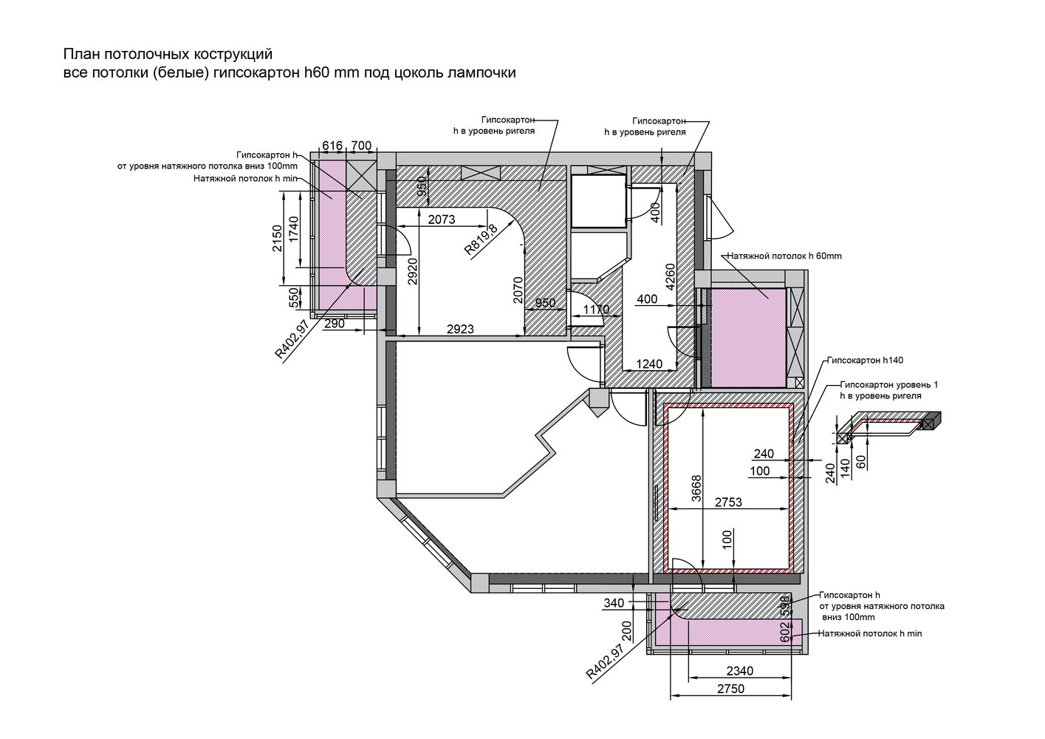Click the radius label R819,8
(481, 239)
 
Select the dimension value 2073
(442, 219)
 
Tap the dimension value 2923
(460, 329)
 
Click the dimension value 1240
(649, 364)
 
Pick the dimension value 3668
(696, 488)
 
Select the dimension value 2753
(728, 503)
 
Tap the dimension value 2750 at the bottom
(730, 689)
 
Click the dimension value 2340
(740, 671)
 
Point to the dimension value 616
(332, 146)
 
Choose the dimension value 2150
(277, 238)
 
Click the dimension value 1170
(596, 309)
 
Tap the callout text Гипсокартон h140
(865, 361)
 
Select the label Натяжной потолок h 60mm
(784, 256)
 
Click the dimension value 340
(614, 603)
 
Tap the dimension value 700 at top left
(361, 146)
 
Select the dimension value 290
(334, 324)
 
